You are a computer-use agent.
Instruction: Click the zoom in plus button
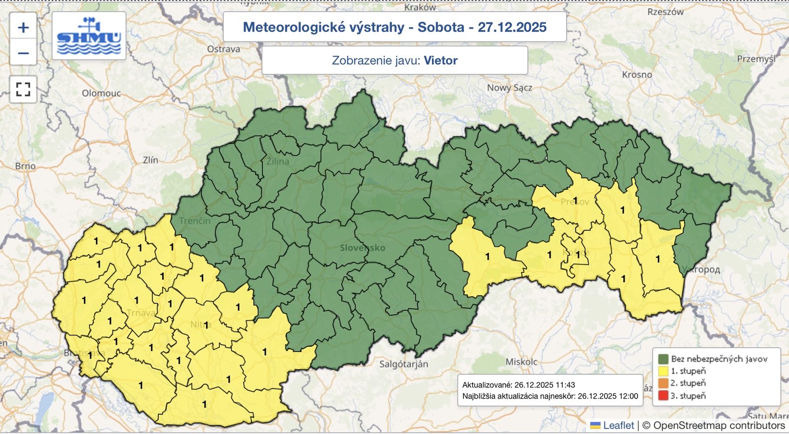click(x=23, y=28)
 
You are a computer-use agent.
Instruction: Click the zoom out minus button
click(x=23, y=53)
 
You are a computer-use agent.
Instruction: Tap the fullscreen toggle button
click(x=23, y=89)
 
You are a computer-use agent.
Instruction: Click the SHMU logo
click(x=89, y=36)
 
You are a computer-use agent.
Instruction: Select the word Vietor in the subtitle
click(x=440, y=61)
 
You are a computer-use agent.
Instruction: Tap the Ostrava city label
click(x=223, y=49)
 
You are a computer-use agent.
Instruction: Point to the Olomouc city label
click(x=101, y=93)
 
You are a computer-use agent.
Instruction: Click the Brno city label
click(x=25, y=166)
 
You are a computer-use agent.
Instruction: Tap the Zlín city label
click(x=150, y=160)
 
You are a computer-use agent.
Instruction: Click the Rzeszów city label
click(x=665, y=12)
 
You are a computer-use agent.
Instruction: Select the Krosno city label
click(x=637, y=75)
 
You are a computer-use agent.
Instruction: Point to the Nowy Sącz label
click(x=509, y=88)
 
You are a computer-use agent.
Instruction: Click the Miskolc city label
click(x=521, y=362)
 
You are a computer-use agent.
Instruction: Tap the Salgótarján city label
click(x=403, y=364)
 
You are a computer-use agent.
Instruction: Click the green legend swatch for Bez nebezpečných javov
click(x=663, y=359)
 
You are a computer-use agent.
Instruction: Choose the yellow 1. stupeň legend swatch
click(x=663, y=371)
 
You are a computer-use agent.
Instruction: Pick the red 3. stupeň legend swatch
click(x=663, y=396)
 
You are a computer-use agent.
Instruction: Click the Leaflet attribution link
click(x=618, y=425)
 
